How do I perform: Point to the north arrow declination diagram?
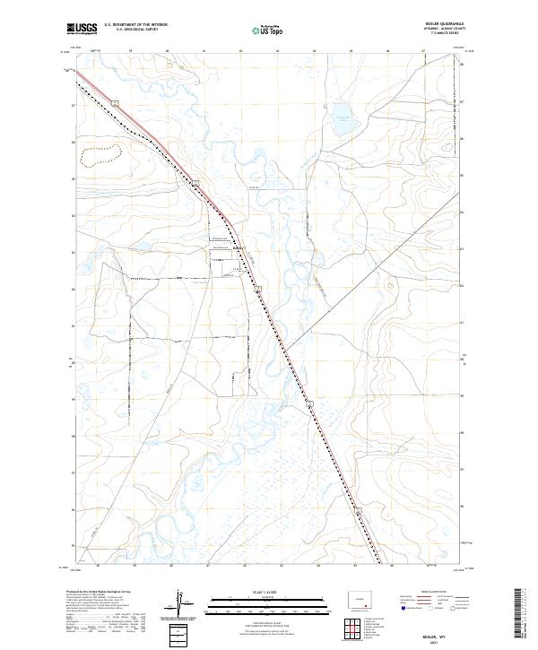[x=179, y=605]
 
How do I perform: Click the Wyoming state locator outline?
[x=360, y=598]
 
